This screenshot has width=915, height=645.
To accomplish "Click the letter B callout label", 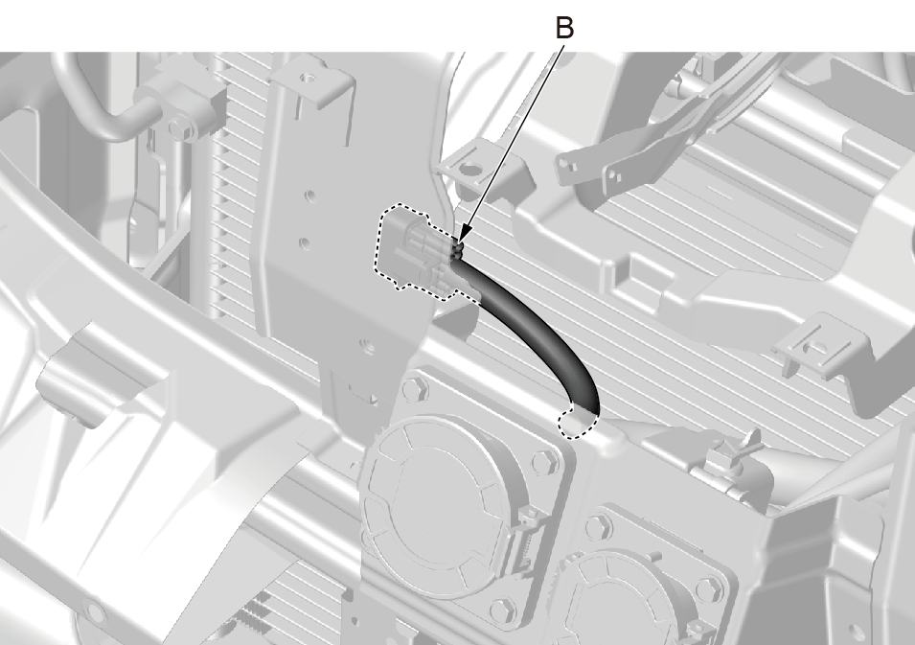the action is (x=564, y=28).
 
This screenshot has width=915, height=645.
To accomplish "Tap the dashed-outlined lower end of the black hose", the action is (x=578, y=424).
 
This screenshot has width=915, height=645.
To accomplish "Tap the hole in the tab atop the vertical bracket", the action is (x=309, y=78).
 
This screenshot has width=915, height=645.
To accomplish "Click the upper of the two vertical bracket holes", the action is (x=309, y=195).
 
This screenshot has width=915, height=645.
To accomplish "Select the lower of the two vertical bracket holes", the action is (x=304, y=242).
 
